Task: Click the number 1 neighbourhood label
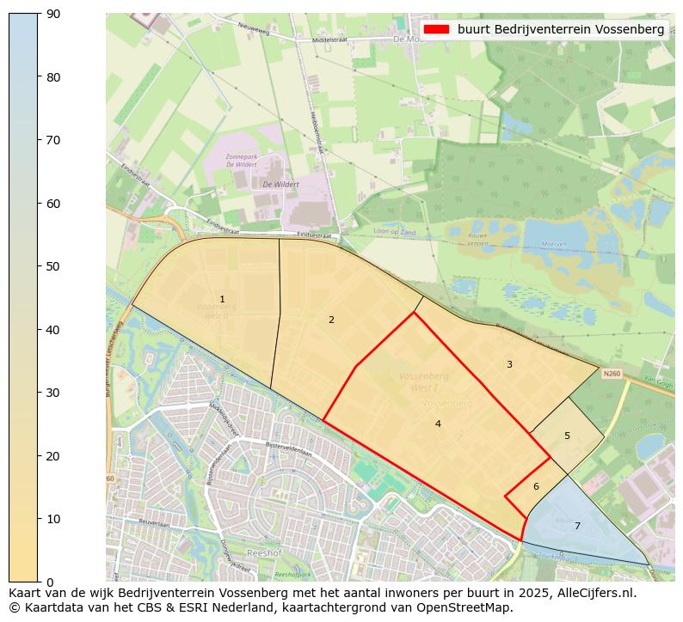point(222,300)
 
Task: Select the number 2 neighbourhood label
point(331,320)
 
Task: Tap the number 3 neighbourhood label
point(509,365)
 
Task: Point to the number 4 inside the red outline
point(438,424)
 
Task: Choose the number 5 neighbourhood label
point(567,436)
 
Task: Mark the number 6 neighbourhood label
point(536,486)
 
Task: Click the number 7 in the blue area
point(577,526)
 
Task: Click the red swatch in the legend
point(437,29)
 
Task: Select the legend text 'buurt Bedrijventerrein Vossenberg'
point(561,29)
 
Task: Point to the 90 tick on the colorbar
point(52,14)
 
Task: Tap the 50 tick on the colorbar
point(52,266)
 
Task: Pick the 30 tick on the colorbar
point(52,393)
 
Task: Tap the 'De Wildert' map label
point(280,184)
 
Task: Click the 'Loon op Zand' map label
point(394,232)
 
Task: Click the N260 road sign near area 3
point(612,374)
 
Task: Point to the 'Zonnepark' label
point(242,157)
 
